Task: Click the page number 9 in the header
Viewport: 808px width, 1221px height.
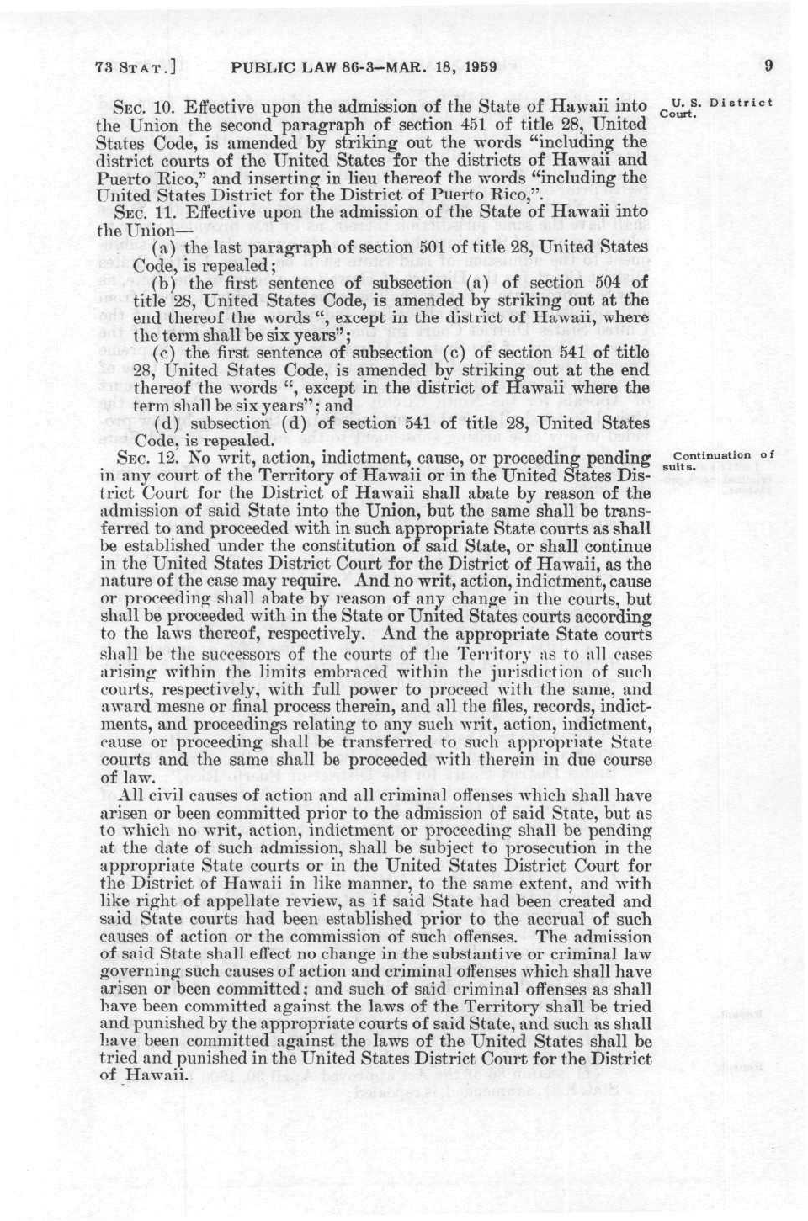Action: click(768, 66)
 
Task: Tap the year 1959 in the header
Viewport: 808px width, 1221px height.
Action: click(477, 66)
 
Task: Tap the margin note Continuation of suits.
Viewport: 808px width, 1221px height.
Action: click(723, 459)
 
